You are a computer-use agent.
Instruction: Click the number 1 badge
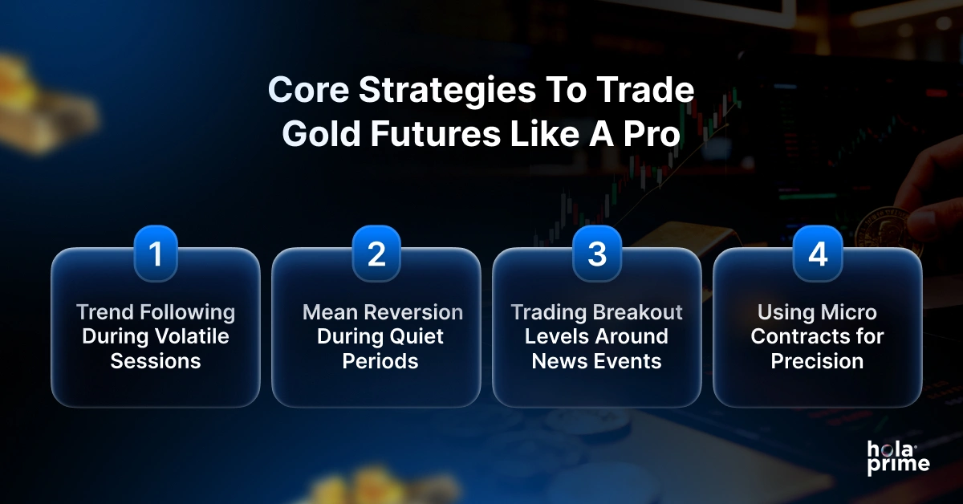coord(156,254)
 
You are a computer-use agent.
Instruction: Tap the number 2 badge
coord(376,254)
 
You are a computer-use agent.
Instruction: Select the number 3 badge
coord(596,254)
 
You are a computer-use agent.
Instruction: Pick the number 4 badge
coord(817,254)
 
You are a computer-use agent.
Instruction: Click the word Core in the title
coord(308,91)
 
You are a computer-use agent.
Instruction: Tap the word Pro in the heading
coord(652,134)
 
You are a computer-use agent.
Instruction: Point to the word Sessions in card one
coord(156,360)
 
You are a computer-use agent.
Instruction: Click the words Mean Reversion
coord(382,312)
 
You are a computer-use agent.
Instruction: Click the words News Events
coord(596,360)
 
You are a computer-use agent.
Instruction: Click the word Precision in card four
coord(817,360)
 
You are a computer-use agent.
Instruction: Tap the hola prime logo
coord(897,457)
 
